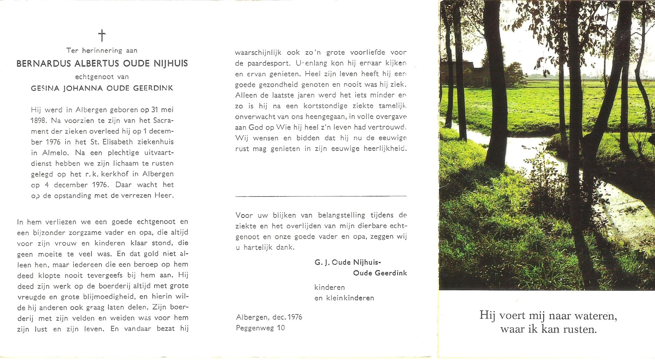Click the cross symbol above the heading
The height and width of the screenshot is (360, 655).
click(102, 35)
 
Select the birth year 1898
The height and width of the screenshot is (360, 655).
click(38, 121)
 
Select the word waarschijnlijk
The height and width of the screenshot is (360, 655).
click(258, 53)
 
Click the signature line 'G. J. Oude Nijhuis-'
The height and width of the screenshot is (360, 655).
click(347, 262)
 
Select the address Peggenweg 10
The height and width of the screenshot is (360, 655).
click(260, 328)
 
